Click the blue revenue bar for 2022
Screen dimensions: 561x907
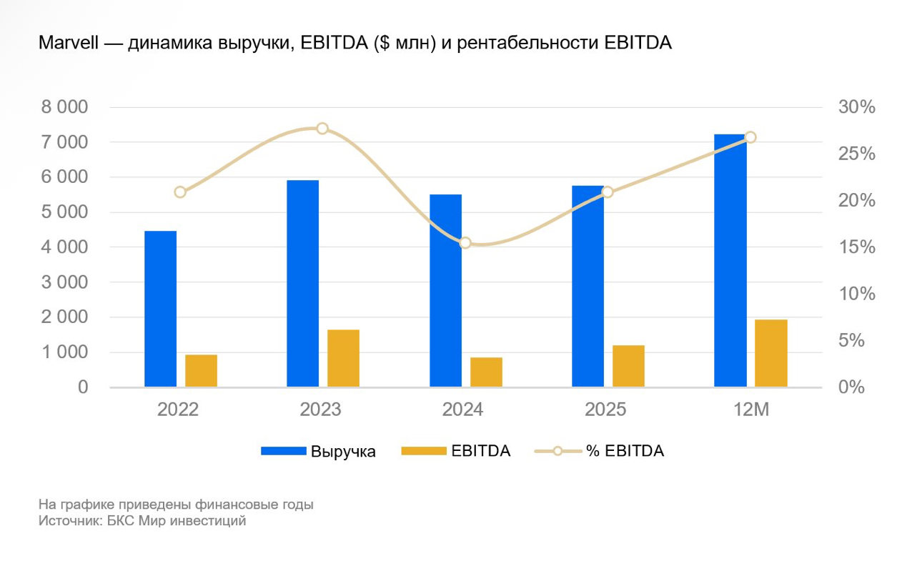click(x=160, y=309)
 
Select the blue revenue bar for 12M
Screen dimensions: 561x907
click(x=730, y=260)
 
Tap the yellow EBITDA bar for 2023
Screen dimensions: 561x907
click(x=343, y=358)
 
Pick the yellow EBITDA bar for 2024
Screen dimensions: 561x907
click(x=486, y=372)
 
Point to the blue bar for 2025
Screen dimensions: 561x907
click(x=588, y=286)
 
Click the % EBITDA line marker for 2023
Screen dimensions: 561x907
click(x=322, y=129)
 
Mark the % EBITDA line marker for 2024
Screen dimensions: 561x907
click(x=465, y=243)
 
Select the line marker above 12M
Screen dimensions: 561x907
click(x=750, y=137)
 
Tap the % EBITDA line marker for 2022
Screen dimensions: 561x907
click(x=180, y=192)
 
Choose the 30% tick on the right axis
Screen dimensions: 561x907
click(x=856, y=108)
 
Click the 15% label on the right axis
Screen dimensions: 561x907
click(x=856, y=247)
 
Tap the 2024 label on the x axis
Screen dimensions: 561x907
click(x=462, y=410)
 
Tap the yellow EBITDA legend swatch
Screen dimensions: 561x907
click(x=424, y=451)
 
